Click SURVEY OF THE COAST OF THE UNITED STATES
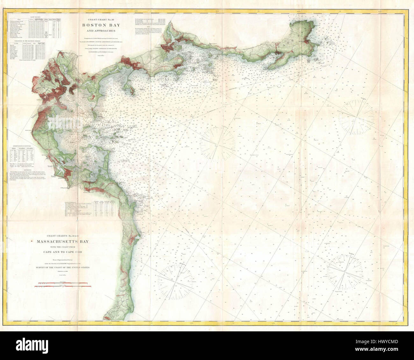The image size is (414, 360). click(x=63, y=268)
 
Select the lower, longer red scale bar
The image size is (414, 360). click(x=63, y=286)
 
